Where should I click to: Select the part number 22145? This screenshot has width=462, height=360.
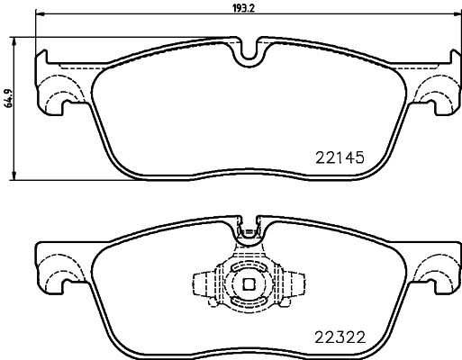(x=340, y=156)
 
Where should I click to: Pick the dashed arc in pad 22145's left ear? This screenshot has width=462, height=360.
(x=56, y=90)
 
